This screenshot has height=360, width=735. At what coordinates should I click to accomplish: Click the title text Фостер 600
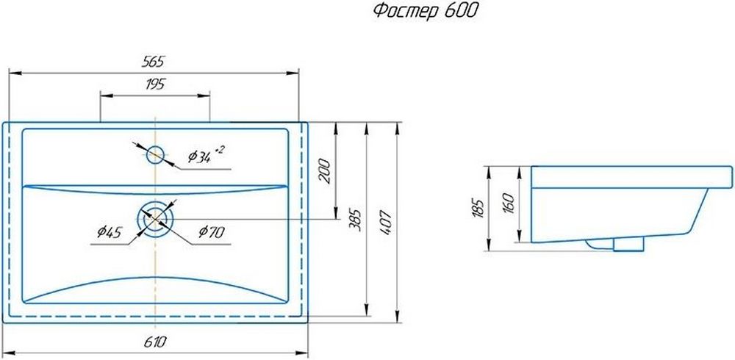[x=425, y=11]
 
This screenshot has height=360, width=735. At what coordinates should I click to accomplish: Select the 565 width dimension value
[x=154, y=62]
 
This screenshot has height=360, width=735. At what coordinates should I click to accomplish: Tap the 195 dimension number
[x=155, y=84]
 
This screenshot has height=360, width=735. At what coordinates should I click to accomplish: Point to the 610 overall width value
[x=155, y=342]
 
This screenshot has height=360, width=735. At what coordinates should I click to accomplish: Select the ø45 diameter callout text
[x=110, y=231]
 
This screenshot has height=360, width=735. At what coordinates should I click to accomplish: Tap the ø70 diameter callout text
[x=212, y=231]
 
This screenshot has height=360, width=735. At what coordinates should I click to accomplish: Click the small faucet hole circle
[x=155, y=155]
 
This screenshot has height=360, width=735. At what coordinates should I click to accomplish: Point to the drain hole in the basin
[x=155, y=219]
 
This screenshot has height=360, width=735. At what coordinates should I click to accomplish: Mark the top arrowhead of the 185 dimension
[x=489, y=173]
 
